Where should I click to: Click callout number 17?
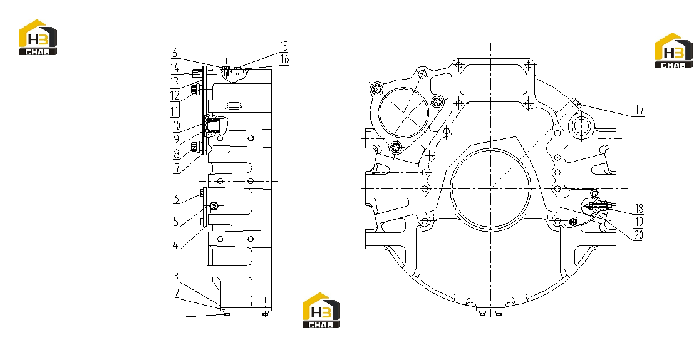639,109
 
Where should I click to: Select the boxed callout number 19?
639,222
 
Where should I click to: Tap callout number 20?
638,235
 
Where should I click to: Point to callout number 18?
639,208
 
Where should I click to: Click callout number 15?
284,46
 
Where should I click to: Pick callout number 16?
284,59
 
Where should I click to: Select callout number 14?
175,68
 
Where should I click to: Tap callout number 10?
177,125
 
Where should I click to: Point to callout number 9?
176,140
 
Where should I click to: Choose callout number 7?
177,168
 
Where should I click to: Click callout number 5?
176,221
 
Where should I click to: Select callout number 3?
176,276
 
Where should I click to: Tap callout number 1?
176,312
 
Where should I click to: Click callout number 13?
174,82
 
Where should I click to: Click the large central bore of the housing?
490,189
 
